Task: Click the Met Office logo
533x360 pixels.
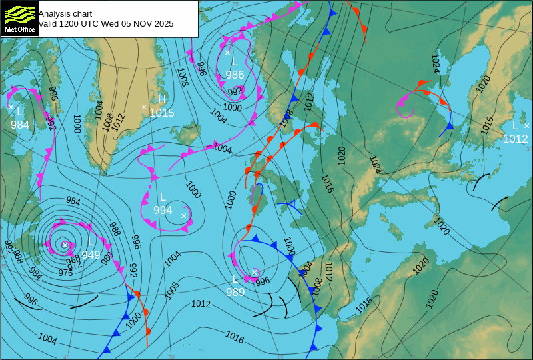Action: click(x=19, y=19)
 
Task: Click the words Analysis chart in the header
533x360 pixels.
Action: click(x=65, y=13)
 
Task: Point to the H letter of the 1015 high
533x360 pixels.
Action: click(x=161, y=99)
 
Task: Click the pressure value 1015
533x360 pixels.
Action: click(x=161, y=113)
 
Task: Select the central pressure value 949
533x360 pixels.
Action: click(x=91, y=255)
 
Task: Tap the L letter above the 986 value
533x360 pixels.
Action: click(x=235, y=62)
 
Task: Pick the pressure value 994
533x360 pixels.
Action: click(x=163, y=211)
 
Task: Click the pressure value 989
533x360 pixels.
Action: click(x=235, y=292)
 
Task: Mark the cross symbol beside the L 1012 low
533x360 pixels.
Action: click(x=526, y=125)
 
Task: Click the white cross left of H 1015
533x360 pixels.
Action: click(x=144, y=107)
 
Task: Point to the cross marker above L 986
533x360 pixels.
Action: click(x=227, y=52)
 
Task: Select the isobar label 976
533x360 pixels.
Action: click(x=65, y=273)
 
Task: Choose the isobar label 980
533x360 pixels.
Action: click(x=107, y=258)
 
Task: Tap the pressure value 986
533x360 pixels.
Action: click(x=235, y=75)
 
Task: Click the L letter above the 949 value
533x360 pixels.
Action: click(x=91, y=241)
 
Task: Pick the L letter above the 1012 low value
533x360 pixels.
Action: click(x=515, y=125)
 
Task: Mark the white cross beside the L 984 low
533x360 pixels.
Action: click(x=11, y=106)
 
